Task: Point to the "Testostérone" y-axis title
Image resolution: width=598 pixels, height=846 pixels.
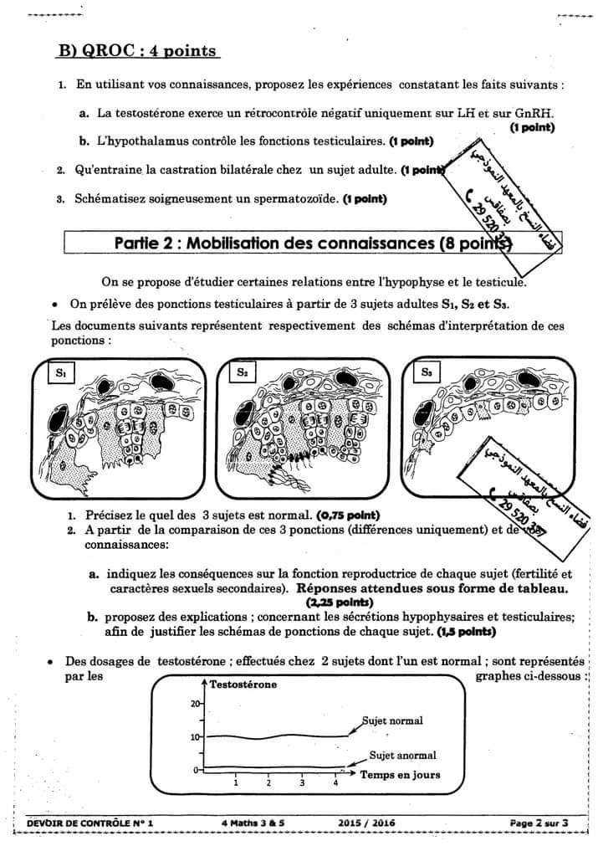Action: click(243, 684)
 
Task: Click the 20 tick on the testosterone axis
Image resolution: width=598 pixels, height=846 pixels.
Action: click(197, 704)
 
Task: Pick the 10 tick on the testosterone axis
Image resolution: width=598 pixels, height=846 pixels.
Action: click(197, 737)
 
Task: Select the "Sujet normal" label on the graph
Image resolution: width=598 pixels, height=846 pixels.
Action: click(392, 720)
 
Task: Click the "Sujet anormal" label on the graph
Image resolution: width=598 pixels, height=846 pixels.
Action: click(398, 755)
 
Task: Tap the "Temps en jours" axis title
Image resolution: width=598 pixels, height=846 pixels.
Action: click(400, 775)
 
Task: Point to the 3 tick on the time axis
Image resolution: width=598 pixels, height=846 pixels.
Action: click(302, 783)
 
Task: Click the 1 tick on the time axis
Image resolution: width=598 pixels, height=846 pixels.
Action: click(236, 783)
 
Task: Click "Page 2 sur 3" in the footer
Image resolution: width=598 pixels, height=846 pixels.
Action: click(539, 823)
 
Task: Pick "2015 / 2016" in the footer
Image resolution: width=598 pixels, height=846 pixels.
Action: click(366, 823)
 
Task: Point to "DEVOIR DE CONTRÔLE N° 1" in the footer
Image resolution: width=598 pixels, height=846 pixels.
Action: click(90, 823)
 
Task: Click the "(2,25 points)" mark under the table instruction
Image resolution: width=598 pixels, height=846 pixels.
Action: click(339, 602)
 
